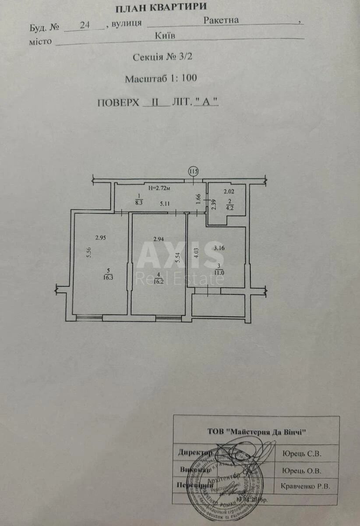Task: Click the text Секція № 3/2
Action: tap(162, 57)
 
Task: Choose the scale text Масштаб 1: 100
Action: tap(161, 79)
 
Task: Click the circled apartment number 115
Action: tap(193, 171)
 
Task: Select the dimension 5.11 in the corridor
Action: tap(165, 203)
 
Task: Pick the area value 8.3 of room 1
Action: tap(139, 203)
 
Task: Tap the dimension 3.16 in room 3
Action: tap(219, 248)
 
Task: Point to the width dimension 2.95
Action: tap(102, 238)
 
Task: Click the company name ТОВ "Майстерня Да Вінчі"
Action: tap(256, 431)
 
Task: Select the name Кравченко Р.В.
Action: tap(304, 486)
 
